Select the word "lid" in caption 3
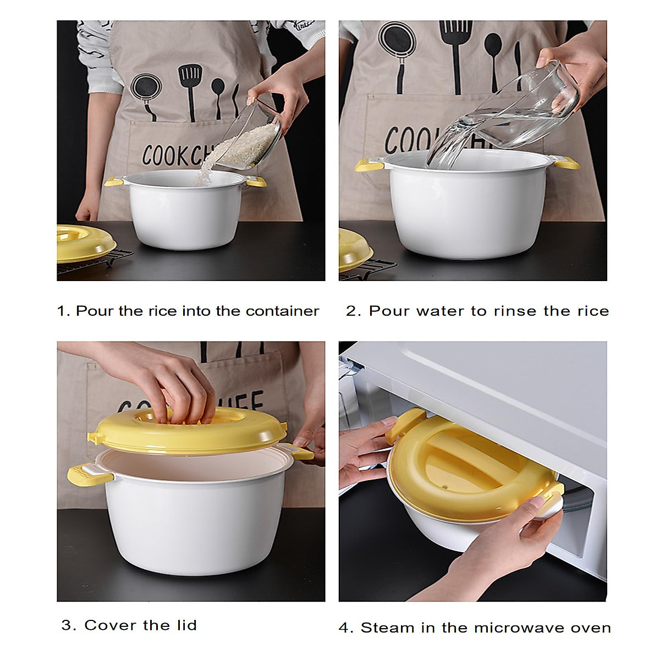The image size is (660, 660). pos(185,625)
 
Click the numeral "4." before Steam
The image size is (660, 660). pos(346,628)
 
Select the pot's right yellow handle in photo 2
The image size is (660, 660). pos(566,163)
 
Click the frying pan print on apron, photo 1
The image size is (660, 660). pos(145,89)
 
